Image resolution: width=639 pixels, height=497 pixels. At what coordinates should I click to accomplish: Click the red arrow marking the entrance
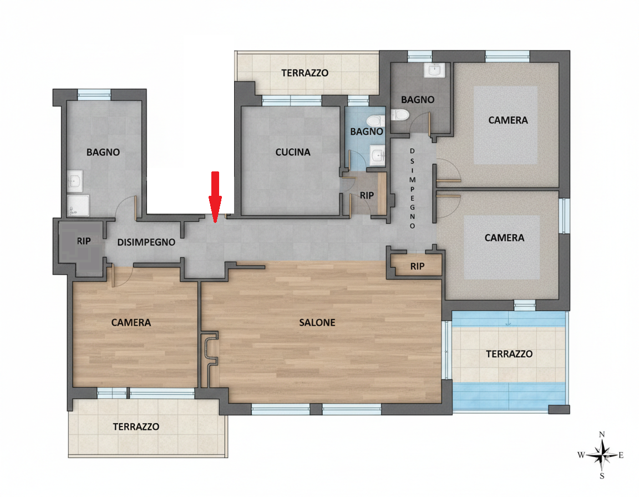[x=215, y=197]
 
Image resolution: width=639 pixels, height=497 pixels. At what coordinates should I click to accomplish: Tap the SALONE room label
[x=317, y=323]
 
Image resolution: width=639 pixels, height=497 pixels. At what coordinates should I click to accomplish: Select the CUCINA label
[x=293, y=153]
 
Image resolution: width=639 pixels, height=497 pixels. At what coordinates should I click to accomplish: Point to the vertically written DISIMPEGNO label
[x=413, y=188]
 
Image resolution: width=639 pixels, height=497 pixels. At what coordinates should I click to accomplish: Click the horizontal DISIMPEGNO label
[x=146, y=242]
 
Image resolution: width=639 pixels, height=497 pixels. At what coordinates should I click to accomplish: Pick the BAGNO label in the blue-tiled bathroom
[x=366, y=131]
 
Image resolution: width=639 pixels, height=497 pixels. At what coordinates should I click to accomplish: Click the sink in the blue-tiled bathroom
[x=377, y=155]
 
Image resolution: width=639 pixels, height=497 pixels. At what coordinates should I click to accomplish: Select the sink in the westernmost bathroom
[x=75, y=181]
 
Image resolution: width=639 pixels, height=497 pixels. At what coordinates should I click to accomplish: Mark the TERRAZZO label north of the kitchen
[x=305, y=73]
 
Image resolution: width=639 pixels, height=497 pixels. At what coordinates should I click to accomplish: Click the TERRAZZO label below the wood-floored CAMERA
[x=136, y=427]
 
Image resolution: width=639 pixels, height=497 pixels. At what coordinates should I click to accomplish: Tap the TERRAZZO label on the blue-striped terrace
[x=509, y=354]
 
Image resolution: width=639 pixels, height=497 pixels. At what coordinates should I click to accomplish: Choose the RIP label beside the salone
[x=417, y=266]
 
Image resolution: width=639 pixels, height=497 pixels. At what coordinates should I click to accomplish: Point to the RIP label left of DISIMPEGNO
[x=84, y=241]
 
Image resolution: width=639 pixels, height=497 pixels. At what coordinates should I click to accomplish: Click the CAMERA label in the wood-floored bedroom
[x=131, y=323]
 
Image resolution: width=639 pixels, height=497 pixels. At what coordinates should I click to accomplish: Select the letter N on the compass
[x=602, y=435]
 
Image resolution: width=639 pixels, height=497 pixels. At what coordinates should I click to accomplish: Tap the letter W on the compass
[x=581, y=455]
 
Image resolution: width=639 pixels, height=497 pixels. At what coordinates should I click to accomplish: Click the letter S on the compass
[x=602, y=476]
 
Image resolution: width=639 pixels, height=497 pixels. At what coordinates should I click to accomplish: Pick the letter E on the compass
[x=621, y=455]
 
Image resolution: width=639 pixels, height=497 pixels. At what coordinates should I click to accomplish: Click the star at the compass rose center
[x=602, y=455]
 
